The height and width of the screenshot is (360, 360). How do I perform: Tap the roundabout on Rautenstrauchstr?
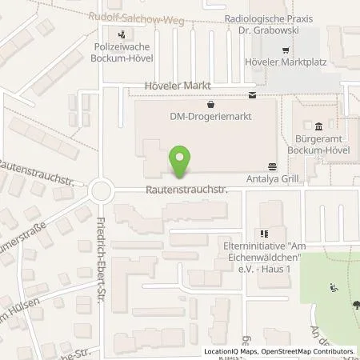click(x=102, y=190)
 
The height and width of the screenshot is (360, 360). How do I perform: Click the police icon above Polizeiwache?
click(x=122, y=34)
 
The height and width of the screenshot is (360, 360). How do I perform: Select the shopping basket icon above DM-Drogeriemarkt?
click(x=210, y=104)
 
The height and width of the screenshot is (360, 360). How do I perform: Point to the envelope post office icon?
click(x=253, y=96)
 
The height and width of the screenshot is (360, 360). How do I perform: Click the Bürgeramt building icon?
click(x=319, y=126)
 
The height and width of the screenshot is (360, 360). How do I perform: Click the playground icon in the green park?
click(x=334, y=286)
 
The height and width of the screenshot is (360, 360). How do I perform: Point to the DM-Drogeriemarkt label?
click(x=210, y=117)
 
